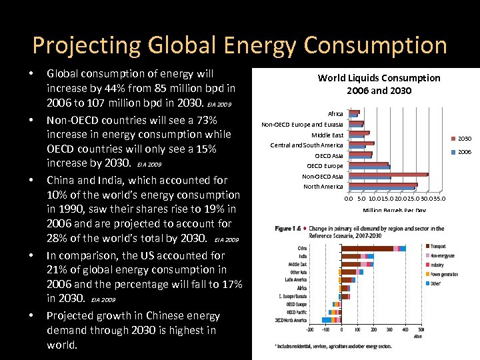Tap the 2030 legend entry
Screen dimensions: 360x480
464,139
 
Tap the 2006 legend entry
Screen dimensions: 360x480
464,152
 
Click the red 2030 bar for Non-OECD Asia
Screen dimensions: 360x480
387,175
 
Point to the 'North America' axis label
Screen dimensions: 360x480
323,187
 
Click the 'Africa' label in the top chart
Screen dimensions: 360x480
336,114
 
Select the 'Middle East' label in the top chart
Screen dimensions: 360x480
327,135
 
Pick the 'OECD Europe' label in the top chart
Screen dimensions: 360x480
325,166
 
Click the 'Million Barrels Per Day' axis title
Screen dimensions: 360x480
394,211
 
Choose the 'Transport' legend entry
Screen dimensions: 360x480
438,247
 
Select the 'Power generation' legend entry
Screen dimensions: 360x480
443,274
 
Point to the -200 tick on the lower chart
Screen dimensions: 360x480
309,329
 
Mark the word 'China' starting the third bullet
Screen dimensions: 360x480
62,180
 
